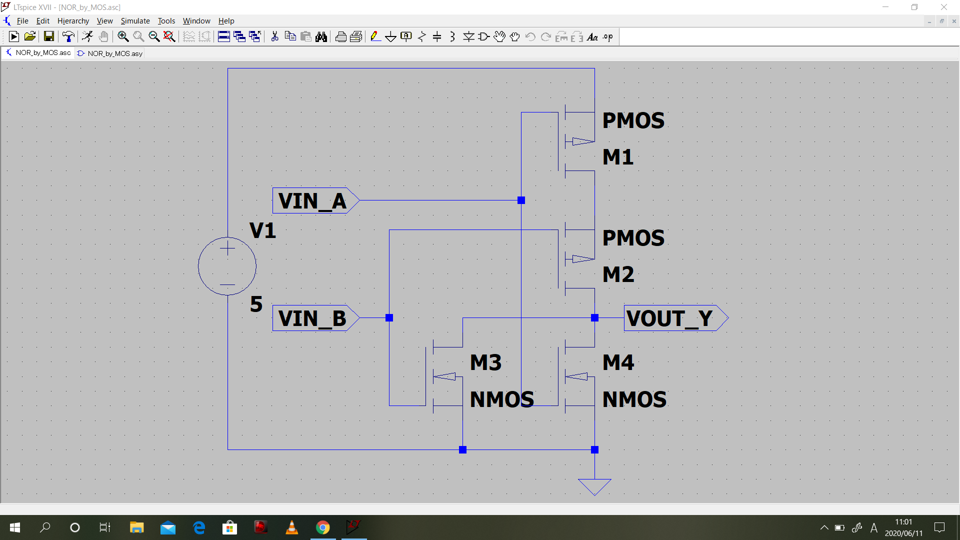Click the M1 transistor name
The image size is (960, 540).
(x=618, y=157)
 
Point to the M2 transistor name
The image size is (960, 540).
(x=618, y=274)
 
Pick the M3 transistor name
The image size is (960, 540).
(x=485, y=362)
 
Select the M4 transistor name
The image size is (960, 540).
(x=618, y=362)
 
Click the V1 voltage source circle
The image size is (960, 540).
(x=227, y=266)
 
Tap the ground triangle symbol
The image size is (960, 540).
(x=594, y=485)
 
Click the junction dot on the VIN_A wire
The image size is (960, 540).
(x=521, y=200)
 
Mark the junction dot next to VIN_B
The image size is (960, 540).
(x=389, y=318)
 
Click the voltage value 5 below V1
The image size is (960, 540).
(x=256, y=304)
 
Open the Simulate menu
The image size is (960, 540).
(x=135, y=21)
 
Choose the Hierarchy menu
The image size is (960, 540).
(x=73, y=21)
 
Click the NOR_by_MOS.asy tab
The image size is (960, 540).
(x=110, y=53)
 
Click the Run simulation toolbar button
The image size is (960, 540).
(x=14, y=36)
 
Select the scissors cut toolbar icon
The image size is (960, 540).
(x=274, y=36)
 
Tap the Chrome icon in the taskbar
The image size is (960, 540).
(x=322, y=527)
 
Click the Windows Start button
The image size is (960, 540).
(x=15, y=527)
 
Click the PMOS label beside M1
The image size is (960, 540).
(x=633, y=120)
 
